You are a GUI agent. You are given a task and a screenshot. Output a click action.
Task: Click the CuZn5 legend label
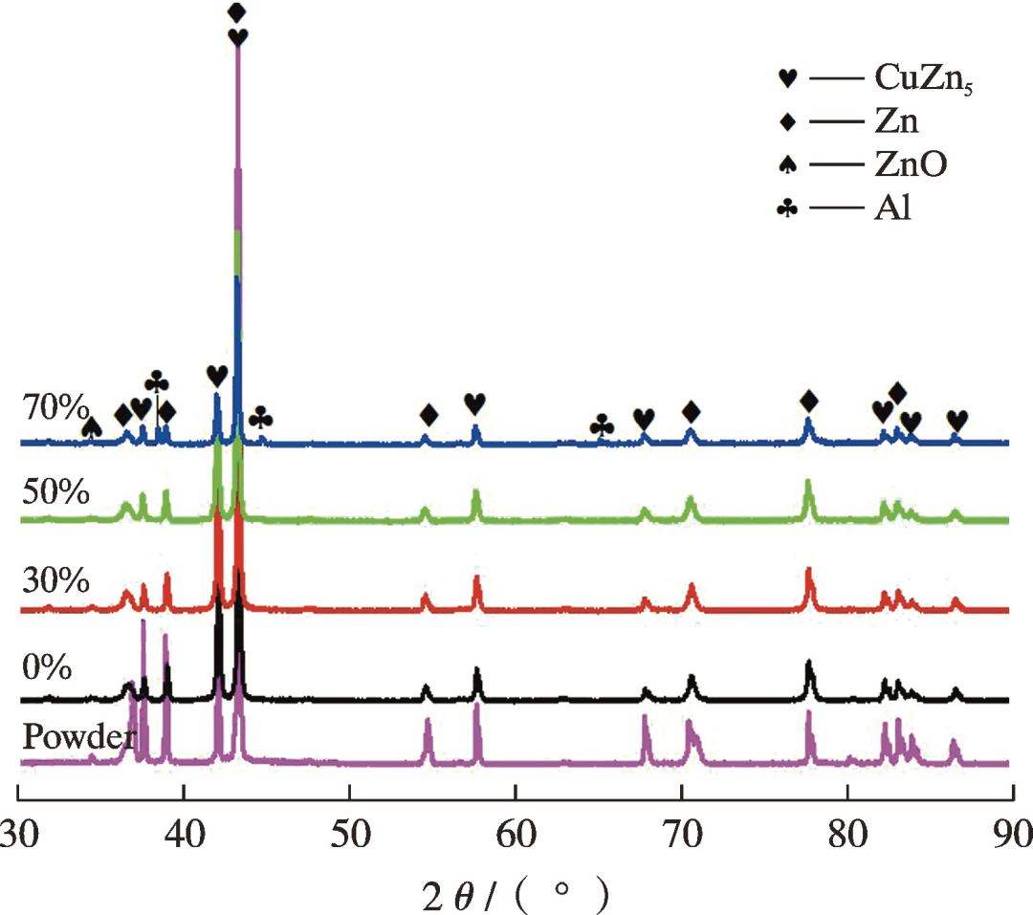(924, 78)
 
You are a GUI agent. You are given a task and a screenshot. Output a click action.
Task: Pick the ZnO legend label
(910, 164)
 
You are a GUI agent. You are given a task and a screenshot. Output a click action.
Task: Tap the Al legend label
(891, 207)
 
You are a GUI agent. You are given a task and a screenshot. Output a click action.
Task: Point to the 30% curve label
(55, 579)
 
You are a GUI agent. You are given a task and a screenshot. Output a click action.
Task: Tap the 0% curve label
(46, 665)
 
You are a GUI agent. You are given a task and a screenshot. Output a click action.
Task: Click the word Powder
(79, 737)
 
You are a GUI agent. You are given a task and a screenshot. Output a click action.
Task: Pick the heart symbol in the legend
(787, 78)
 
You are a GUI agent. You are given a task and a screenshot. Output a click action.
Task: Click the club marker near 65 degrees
(602, 425)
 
